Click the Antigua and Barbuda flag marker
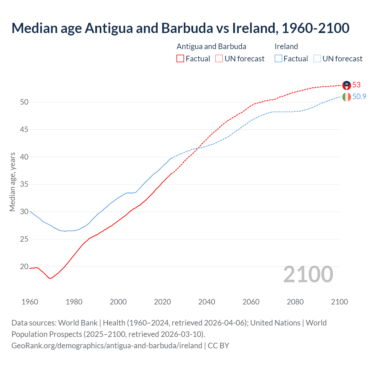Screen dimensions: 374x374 (x=347, y=85)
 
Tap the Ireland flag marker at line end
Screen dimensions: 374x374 (x=347, y=97)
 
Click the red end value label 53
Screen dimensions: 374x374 (x=356, y=85)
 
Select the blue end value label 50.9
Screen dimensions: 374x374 (x=359, y=96)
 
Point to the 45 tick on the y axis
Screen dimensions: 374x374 (x=24, y=129)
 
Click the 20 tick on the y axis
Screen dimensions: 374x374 (x=24, y=266)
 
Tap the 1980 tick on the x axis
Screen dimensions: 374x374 (x=74, y=302)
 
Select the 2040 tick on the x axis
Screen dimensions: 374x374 (x=207, y=302)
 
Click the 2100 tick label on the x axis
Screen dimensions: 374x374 (x=339, y=302)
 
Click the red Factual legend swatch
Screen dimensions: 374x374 (x=180, y=59)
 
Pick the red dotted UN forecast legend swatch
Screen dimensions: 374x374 (x=219, y=59)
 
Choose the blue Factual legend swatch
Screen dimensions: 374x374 (x=278, y=59)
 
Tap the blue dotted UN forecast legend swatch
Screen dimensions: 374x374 (x=317, y=59)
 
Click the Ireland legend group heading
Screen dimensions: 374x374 (x=286, y=46)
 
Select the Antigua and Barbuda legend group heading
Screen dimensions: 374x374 (x=211, y=46)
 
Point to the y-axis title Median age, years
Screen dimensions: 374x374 (x=12, y=182)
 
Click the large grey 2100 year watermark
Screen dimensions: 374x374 (x=308, y=274)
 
